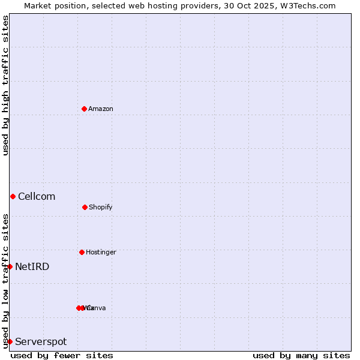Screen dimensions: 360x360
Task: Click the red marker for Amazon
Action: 84,109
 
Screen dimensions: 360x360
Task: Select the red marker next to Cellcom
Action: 13,196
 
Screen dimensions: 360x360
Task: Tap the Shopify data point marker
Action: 85,207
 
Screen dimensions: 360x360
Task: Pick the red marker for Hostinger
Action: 82,252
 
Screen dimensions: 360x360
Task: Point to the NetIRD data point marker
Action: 10,266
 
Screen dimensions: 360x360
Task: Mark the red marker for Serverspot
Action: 10,341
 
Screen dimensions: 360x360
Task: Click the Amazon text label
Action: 101,109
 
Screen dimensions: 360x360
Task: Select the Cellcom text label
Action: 37,196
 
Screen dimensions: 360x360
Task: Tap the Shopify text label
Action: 101,207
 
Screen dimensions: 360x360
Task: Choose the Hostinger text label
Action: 101,252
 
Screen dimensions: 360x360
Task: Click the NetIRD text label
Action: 32,266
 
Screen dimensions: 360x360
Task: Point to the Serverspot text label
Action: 41,341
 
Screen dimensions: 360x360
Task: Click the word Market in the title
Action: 38,5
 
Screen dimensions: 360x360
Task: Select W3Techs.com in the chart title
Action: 308,5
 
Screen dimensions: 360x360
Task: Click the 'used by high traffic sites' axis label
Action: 5,85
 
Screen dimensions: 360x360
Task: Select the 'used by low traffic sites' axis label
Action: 5,280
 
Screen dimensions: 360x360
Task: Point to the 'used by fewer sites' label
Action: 62,355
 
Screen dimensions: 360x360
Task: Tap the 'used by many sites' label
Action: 301,355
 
